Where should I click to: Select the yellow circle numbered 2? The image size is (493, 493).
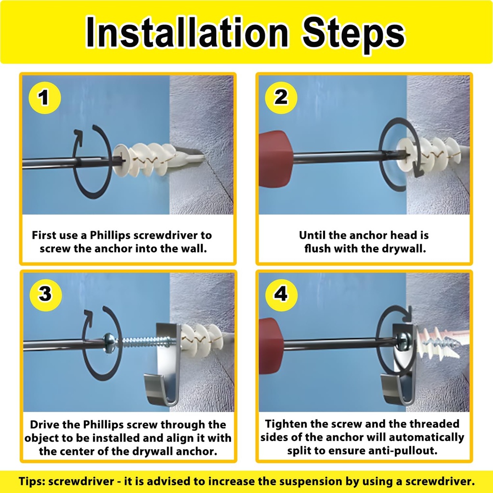point(281,98)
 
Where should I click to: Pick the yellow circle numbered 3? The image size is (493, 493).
point(44,294)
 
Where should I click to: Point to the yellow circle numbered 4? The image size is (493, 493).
point(281,294)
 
